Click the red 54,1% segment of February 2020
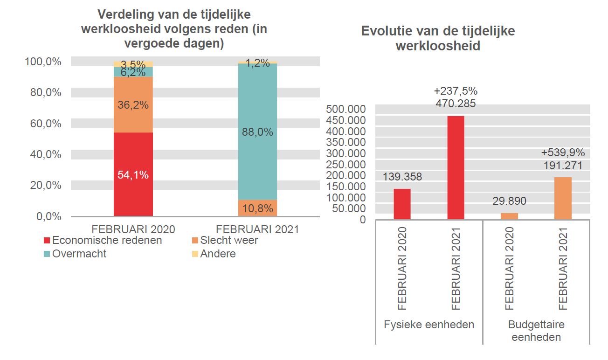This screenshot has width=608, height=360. click(133, 174)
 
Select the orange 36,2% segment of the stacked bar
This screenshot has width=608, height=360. click(133, 105)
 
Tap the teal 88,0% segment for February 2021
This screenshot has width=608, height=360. click(257, 132)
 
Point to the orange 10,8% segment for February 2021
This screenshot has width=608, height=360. click(257, 208)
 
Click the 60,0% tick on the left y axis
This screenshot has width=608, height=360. click(43, 124)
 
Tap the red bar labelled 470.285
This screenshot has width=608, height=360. click(456, 167)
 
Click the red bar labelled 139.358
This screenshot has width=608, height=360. click(402, 204)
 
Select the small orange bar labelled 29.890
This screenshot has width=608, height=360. click(509, 216)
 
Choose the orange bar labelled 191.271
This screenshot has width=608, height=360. click(563, 198)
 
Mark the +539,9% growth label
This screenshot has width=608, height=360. click(563, 152)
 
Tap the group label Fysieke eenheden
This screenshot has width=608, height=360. click(429, 325)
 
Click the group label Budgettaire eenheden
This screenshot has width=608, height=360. click(536, 331)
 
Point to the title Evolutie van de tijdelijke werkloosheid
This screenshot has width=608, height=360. click(438, 38)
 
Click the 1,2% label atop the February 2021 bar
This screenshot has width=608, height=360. click(257, 63)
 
